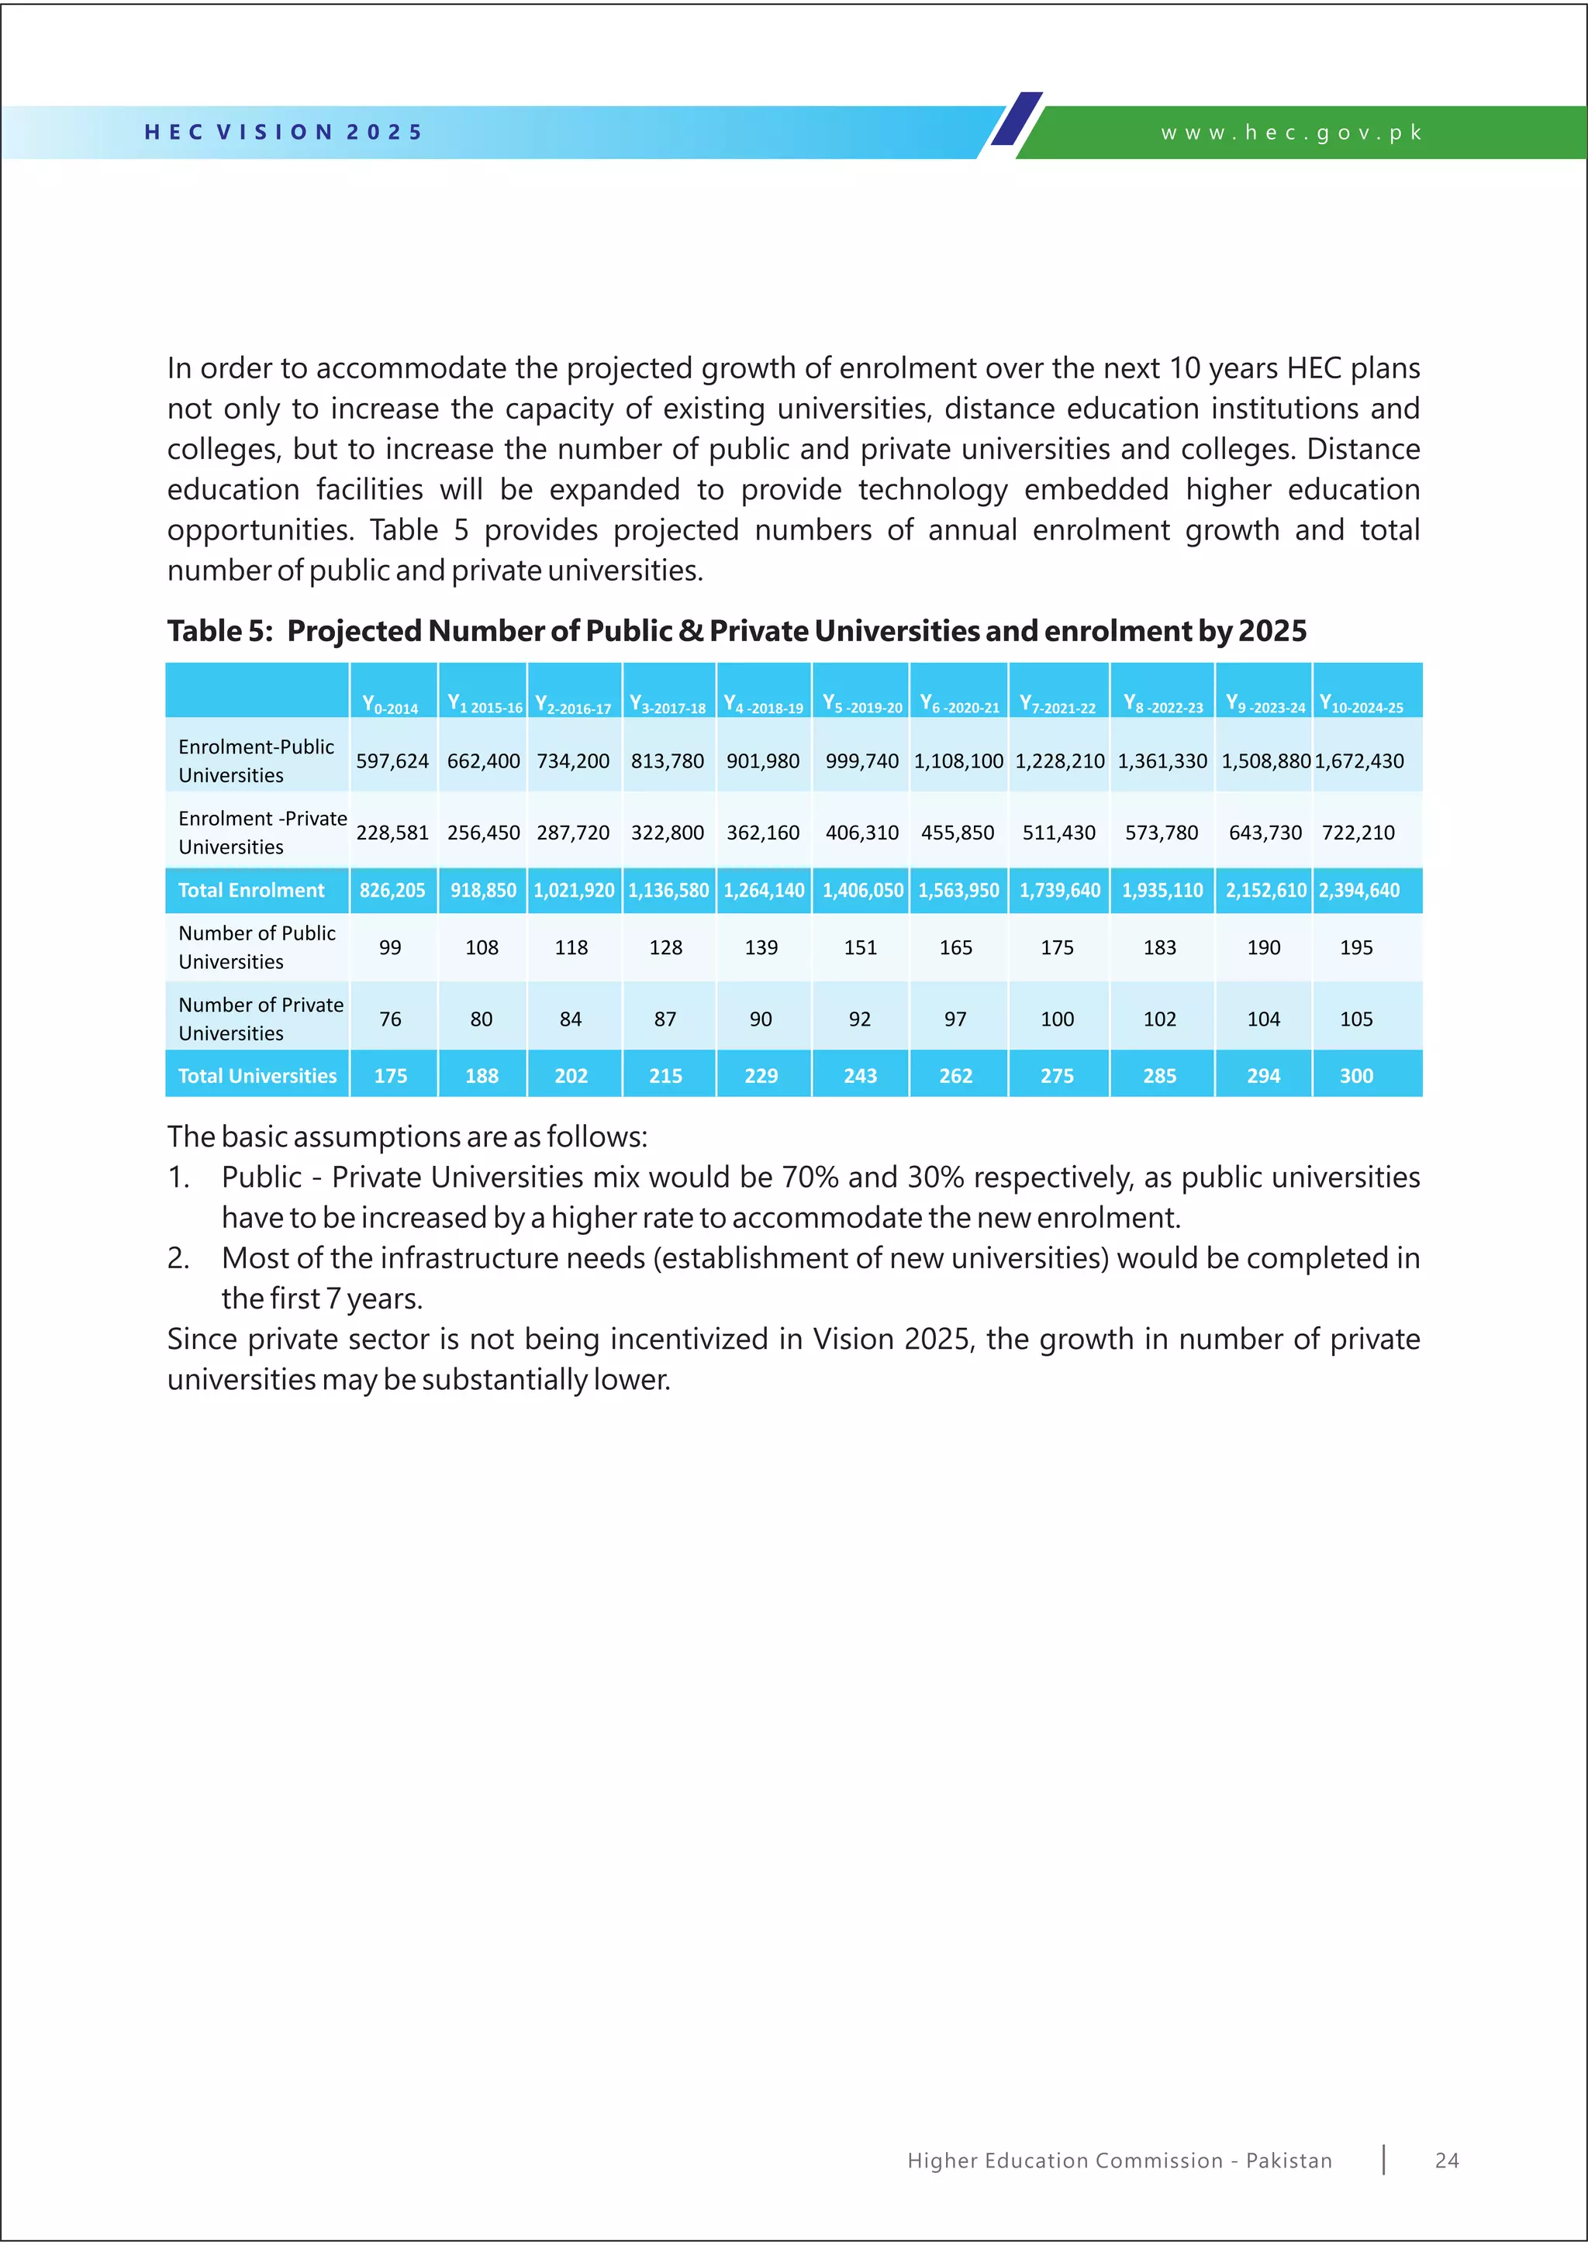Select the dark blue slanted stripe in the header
click(x=1017, y=119)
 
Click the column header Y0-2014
click(x=390, y=704)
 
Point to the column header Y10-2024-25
click(x=1361, y=704)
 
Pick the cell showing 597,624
click(x=392, y=760)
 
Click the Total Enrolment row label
click(x=251, y=890)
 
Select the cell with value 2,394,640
click(x=1359, y=890)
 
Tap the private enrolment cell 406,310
click(x=861, y=832)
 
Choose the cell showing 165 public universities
click(x=955, y=947)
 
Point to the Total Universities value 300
click(x=1356, y=1075)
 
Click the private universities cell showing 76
click(x=390, y=1019)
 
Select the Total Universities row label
click(x=257, y=1075)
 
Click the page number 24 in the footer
click(x=1447, y=2161)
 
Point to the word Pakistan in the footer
click(x=1289, y=2161)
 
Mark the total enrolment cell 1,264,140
click(x=764, y=890)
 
